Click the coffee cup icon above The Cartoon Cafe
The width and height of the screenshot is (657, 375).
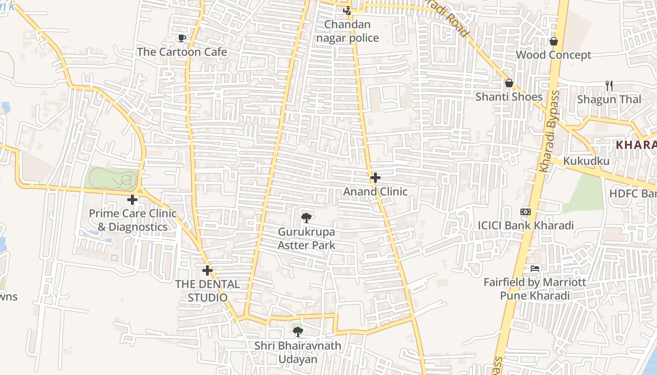pos(182,38)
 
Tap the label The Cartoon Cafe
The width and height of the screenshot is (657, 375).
pos(182,52)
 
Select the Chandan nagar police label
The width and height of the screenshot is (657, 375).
pos(347,31)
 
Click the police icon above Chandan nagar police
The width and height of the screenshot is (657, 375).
pos(347,10)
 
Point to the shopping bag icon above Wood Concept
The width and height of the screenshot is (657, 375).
pos(554,41)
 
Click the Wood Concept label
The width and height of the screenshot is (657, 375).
pos(553,55)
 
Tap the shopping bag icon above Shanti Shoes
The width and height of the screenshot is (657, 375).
pos(509,83)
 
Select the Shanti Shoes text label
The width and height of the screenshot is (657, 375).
pos(509,97)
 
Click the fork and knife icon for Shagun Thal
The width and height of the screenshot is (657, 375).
pos(609,85)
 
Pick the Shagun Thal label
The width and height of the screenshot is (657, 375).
pos(609,99)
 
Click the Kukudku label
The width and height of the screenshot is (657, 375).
pos(586,161)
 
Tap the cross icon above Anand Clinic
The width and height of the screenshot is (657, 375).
pos(375,178)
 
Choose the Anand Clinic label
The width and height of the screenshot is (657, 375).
pos(375,192)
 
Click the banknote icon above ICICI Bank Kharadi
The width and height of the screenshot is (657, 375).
pos(526,212)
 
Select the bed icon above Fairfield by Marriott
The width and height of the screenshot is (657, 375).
pos(535,269)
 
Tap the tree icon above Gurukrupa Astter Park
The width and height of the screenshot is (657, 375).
pos(306,218)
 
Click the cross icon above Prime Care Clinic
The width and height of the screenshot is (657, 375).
pos(132,200)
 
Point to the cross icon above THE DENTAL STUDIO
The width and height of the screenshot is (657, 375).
pos(207,270)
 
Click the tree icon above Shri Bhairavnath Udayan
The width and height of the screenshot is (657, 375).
pos(298,332)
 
